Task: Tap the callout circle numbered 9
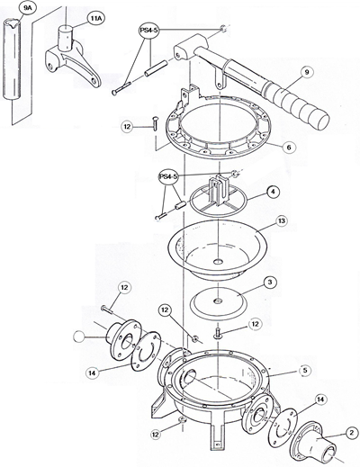pyautogui.click(x=307, y=72)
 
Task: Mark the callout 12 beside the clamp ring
pyautogui.click(x=127, y=126)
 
